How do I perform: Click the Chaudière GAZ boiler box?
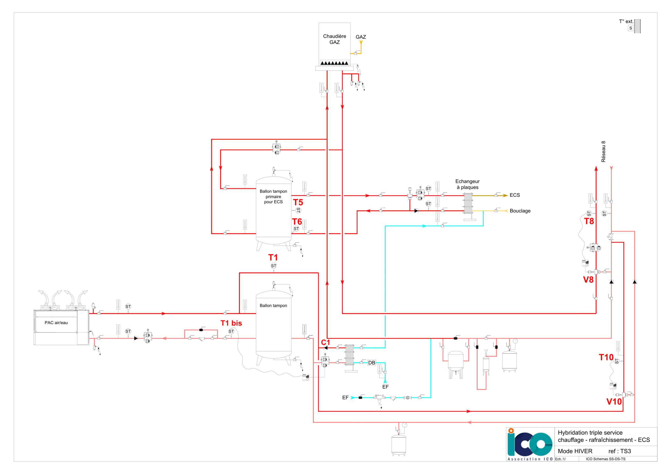[334, 45]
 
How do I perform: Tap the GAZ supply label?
[361, 37]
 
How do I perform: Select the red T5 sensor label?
[298, 202]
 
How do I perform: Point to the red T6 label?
[297, 221]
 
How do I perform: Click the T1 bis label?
[231, 323]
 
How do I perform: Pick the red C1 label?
[326, 342]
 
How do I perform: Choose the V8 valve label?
[588, 280]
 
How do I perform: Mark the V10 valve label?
[614, 401]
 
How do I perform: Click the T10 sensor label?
[606, 357]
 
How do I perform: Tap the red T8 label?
[589, 221]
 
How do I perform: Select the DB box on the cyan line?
[371, 363]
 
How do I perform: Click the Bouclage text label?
[520, 211]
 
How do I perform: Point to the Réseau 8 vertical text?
[603, 151]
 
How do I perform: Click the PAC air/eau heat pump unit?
[61, 327]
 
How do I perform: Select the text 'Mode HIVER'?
[575, 451]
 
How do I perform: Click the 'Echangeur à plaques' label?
[467, 184]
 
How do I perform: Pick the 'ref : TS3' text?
[620, 451]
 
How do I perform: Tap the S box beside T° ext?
[630, 28]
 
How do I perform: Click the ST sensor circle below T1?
[274, 266]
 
